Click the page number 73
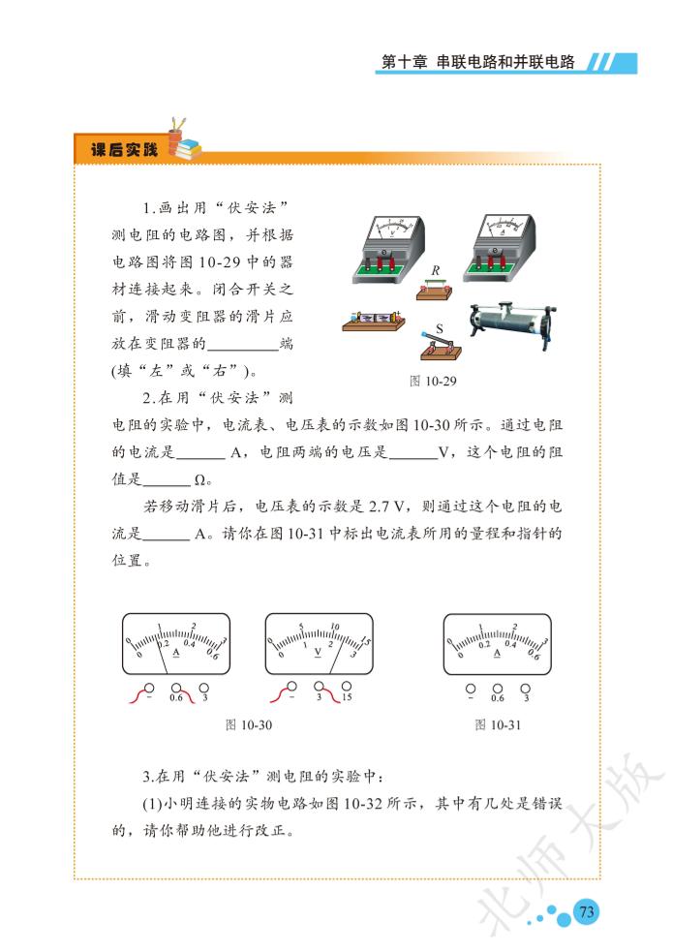pos(586,911)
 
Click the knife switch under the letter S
pos(441,346)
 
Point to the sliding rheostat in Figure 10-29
pos(511,319)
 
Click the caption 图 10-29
pos(433,382)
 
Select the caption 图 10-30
pos(248,725)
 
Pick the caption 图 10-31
pos(498,725)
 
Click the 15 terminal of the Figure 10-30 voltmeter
pos(347,687)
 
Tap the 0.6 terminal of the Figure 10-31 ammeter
pos(498,689)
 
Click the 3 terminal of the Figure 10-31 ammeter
pos(526,689)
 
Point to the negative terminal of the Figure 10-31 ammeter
pos(471,689)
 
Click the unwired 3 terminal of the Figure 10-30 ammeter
pos(204,688)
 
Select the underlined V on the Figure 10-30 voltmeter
pos(318,652)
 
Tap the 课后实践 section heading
pos(124,149)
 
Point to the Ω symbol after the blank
pos(200,480)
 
